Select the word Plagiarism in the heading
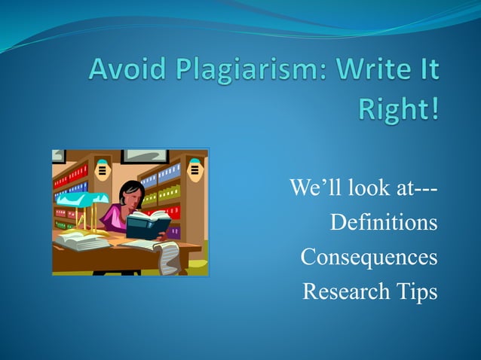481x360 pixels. pos(239,72)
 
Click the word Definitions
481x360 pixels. pos(384,223)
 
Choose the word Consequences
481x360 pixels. pos(369,257)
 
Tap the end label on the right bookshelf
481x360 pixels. pos(196,169)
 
